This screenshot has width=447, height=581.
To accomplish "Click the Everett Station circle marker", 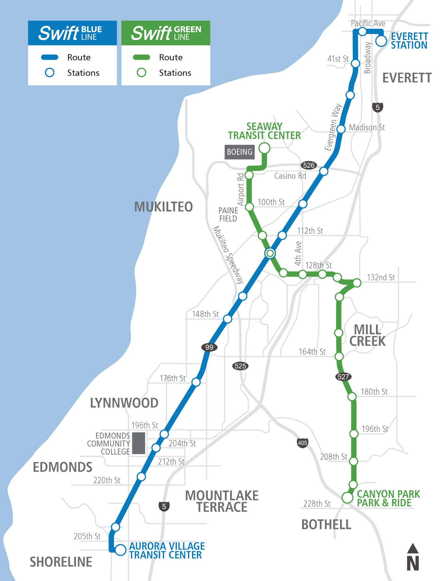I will tap(381, 41).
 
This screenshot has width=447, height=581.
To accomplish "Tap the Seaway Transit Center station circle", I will tap(264, 148).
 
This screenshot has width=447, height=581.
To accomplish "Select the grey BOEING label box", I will tap(239, 152).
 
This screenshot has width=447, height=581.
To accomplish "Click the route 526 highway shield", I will tap(309, 165).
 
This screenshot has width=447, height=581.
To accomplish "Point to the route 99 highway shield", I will tap(209, 347).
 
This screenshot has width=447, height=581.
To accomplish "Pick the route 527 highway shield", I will tap(343, 377).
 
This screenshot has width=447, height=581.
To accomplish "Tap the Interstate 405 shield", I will tap(302, 443).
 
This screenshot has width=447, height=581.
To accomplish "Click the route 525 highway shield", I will tap(240, 366).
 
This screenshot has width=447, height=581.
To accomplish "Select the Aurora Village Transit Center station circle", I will tap(120, 550).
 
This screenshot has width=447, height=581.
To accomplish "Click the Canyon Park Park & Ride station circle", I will tap(347, 497).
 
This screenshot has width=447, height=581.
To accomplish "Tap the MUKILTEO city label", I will tap(164, 207).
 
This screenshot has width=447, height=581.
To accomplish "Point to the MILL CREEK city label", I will tap(367, 335).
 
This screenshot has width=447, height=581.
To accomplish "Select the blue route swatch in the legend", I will tap(50, 57).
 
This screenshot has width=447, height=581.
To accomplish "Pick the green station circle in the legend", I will tap(141, 73).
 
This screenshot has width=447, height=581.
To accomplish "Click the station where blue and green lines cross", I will tap(270, 253).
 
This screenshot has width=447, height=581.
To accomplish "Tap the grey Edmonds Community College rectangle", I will tap(139, 443).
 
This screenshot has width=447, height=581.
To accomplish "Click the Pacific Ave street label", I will tap(368, 23).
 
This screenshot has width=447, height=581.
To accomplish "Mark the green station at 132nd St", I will tap(357, 283).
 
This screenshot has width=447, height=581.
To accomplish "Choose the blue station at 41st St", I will tap(356, 63).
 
